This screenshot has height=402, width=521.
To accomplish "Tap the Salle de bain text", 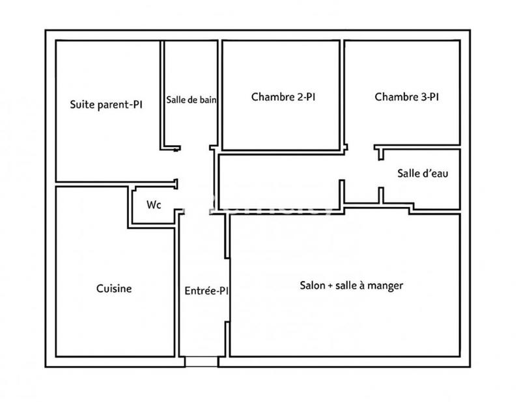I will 191,100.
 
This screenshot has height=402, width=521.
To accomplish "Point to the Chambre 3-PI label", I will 406,98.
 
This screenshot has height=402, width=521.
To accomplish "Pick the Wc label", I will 154,204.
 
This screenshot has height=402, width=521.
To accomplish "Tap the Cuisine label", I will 114,288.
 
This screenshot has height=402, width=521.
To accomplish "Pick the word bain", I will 208,100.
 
